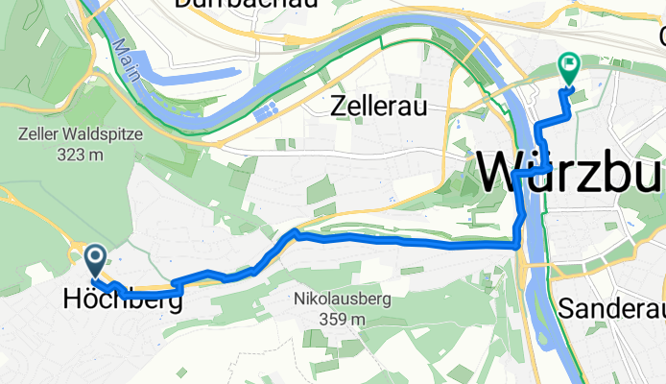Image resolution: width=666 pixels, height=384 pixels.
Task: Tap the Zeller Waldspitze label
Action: (80, 134)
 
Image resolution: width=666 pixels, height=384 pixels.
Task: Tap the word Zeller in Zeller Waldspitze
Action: (37, 134)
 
